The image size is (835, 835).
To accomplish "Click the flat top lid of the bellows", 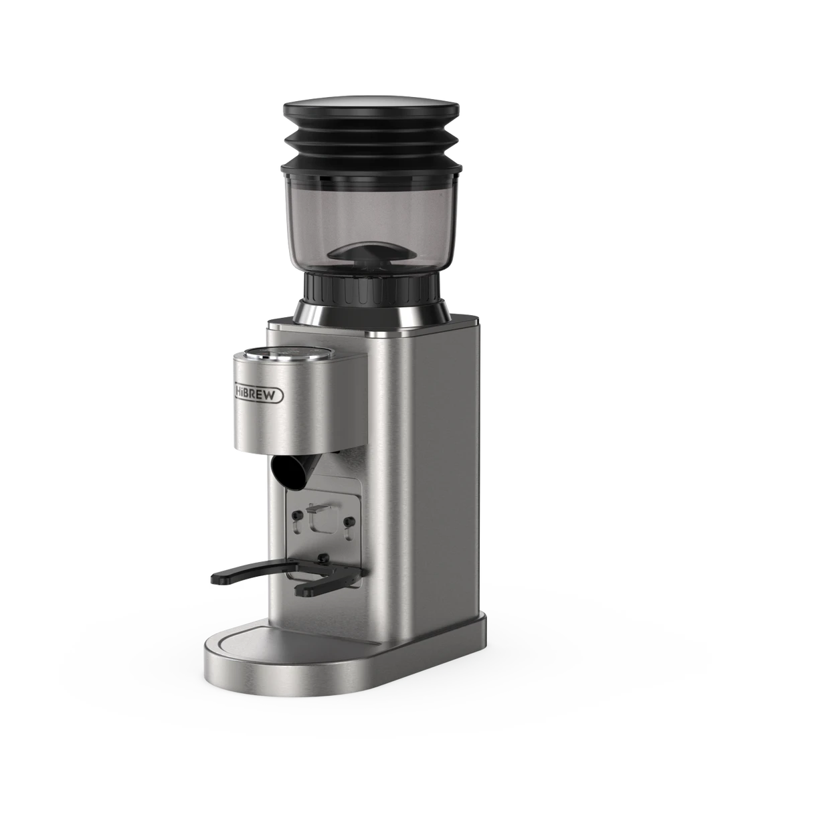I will pos(371,107).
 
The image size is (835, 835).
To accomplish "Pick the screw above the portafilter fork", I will pos(324,557).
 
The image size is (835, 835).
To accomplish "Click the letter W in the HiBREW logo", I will pos(274,396).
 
